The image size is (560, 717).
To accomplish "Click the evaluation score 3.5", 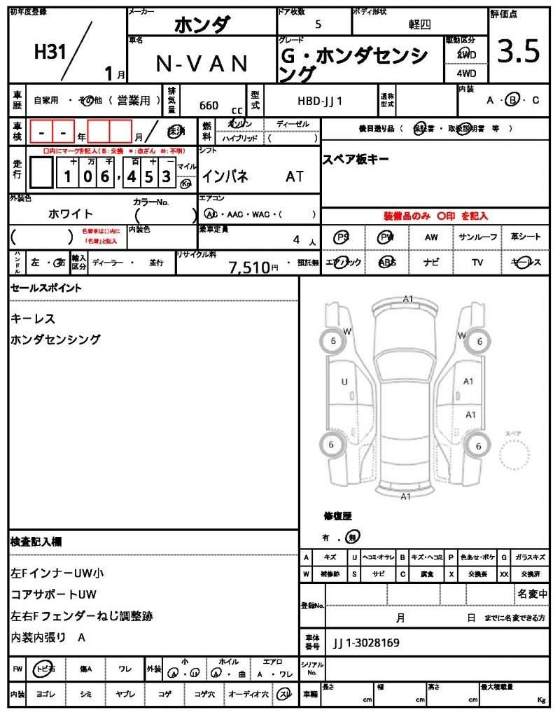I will click(519, 52).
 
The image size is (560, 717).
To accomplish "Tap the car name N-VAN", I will click(202, 64).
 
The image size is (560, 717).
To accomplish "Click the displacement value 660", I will click(209, 106).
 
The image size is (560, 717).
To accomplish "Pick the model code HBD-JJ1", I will click(320, 101).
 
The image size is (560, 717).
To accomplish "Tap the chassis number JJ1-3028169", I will click(366, 642).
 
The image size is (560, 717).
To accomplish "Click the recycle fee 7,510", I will click(249, 266).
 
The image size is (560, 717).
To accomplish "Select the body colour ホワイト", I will click(70, 214).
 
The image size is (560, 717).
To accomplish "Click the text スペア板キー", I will click(355, 159).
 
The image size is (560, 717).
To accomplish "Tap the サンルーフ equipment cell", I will click(478, 237).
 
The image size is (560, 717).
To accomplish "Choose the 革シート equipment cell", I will click(526, 237).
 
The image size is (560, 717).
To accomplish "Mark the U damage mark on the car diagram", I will click(344, 382).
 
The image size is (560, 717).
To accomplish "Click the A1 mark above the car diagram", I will click(408, 299).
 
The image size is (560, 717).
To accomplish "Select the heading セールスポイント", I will click(46, 288).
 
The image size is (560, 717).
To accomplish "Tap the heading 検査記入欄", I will click(36, 542).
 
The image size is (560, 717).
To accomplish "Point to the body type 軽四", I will click(420, 24).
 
